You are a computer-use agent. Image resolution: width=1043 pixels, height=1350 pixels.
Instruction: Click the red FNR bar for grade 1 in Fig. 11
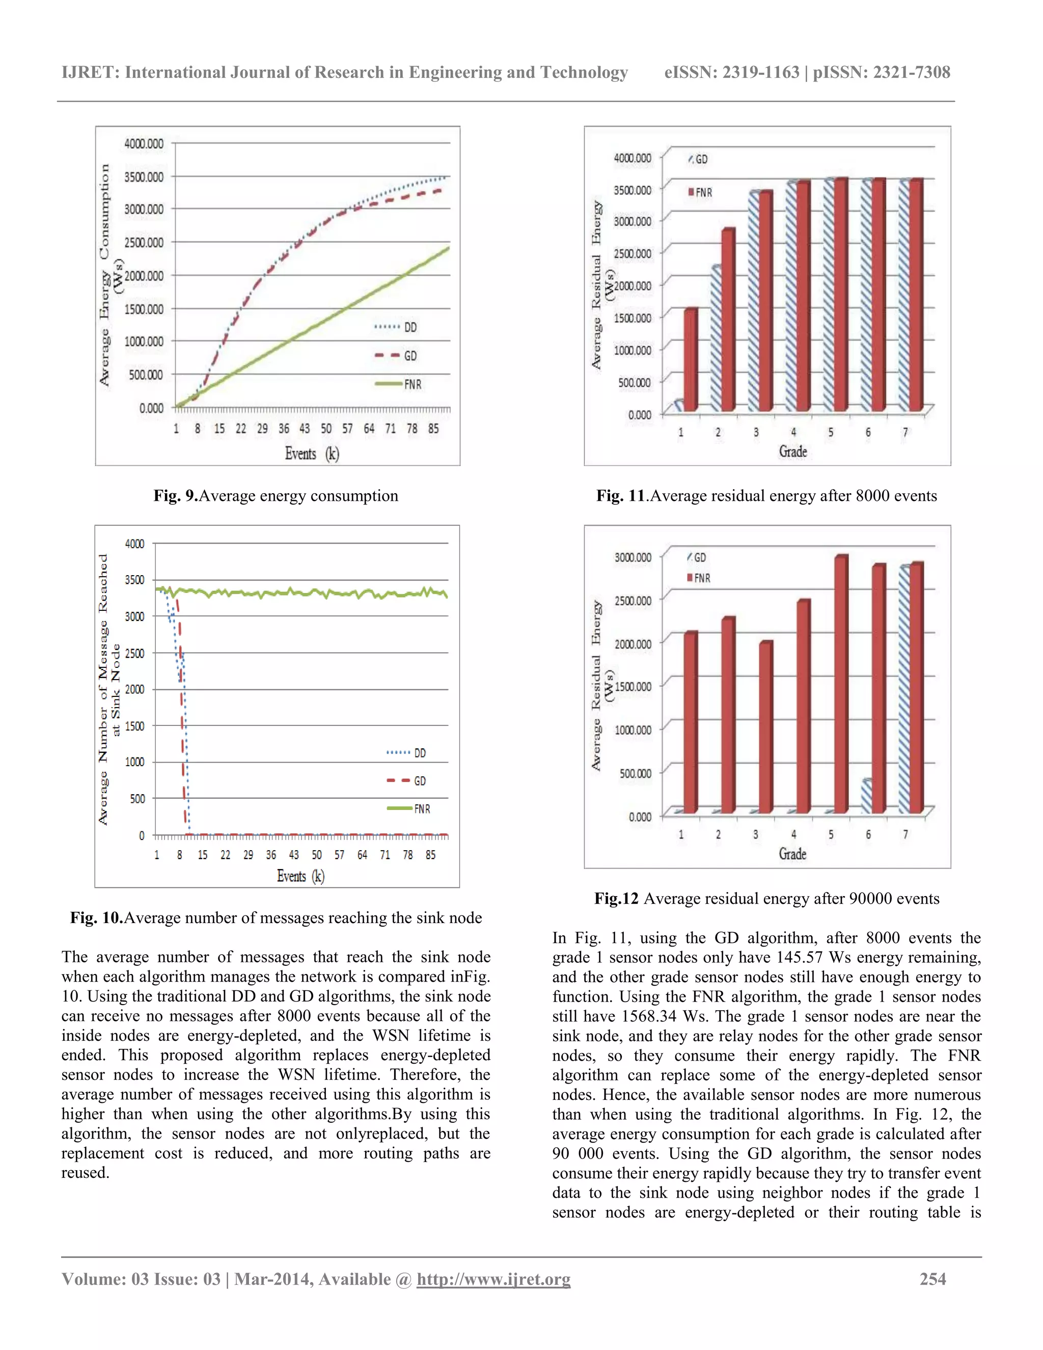tap(691, 360)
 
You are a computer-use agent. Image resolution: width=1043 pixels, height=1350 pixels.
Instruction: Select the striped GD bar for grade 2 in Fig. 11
tap(716, 339)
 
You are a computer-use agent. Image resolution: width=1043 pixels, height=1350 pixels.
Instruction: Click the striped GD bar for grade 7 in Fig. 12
tap(904, 689)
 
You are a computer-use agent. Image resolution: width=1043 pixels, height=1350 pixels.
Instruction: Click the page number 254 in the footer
tap(932, 1278)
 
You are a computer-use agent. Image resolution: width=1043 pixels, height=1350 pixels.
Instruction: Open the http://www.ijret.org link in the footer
tap(493, 1278)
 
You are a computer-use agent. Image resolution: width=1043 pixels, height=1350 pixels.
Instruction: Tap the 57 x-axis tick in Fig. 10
tap(339, 855)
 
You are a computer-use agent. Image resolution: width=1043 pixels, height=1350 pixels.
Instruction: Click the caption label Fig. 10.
tap(96, 917)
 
